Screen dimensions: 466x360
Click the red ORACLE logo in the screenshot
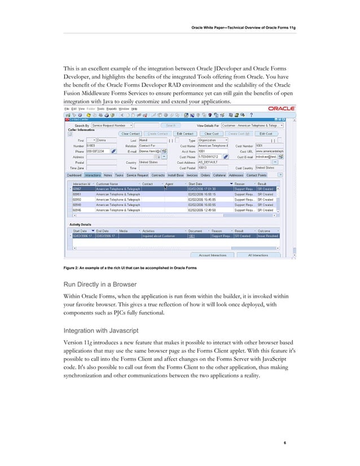pos(282,109)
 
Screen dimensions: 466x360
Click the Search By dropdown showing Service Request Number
pos(112,125)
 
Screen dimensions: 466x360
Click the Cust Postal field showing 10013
pos(212,168)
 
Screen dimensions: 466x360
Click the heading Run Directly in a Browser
pos(104,285)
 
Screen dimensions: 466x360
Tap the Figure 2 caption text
pos(129,267)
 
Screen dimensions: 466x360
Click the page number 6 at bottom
pos(286,443)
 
